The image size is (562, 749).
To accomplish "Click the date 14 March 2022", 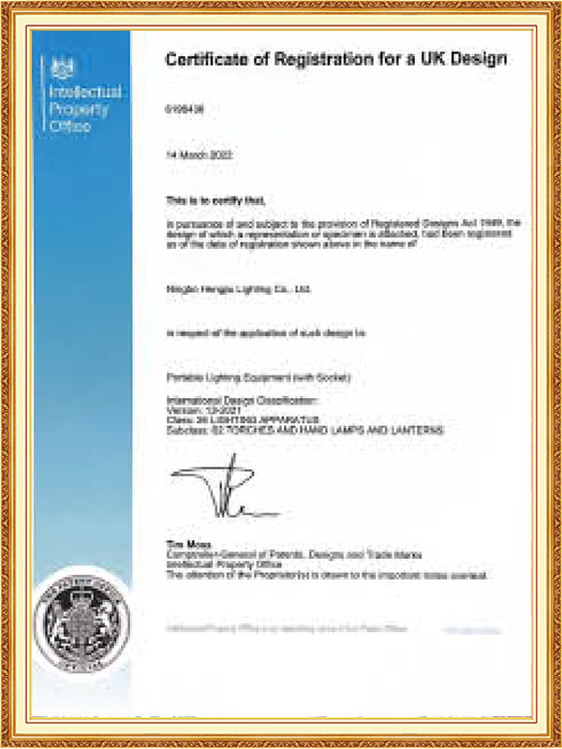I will coord(198,153).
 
